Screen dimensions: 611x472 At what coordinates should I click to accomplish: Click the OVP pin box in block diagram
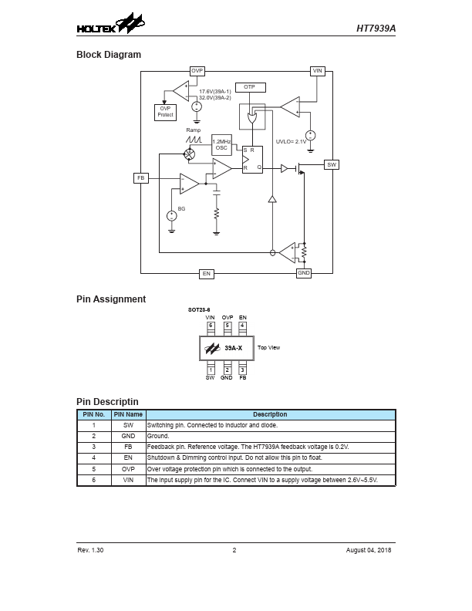[197, 71]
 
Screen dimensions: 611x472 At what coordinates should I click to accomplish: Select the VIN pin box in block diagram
[317, 71]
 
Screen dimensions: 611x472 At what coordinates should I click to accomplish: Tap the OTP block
[249, 87]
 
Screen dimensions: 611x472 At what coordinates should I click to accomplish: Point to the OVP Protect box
[165, 112]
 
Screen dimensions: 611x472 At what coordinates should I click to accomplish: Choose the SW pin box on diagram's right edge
[332, 164]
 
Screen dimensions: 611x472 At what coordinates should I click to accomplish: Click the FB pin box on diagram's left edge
[141, 178]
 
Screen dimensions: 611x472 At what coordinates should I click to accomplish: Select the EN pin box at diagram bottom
[206, 274]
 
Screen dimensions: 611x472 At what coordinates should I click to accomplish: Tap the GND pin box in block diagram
[304, 273]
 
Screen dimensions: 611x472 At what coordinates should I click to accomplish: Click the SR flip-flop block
[252, 160]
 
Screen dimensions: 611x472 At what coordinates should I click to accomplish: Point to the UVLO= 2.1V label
[292, 142]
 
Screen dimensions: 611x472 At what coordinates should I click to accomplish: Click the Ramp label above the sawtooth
[193, 130]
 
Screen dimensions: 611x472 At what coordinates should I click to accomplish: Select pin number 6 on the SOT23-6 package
[211, 326]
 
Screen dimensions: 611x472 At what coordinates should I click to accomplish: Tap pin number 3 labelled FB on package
[242, 370]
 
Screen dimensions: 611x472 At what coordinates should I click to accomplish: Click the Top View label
[268, 348]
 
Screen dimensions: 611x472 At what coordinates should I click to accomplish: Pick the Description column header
[270, 414]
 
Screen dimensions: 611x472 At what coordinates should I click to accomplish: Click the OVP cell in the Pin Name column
[128, 469]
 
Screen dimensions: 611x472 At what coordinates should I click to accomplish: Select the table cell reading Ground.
[158, 436]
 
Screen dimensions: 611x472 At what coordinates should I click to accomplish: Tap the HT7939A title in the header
[376, 29]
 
